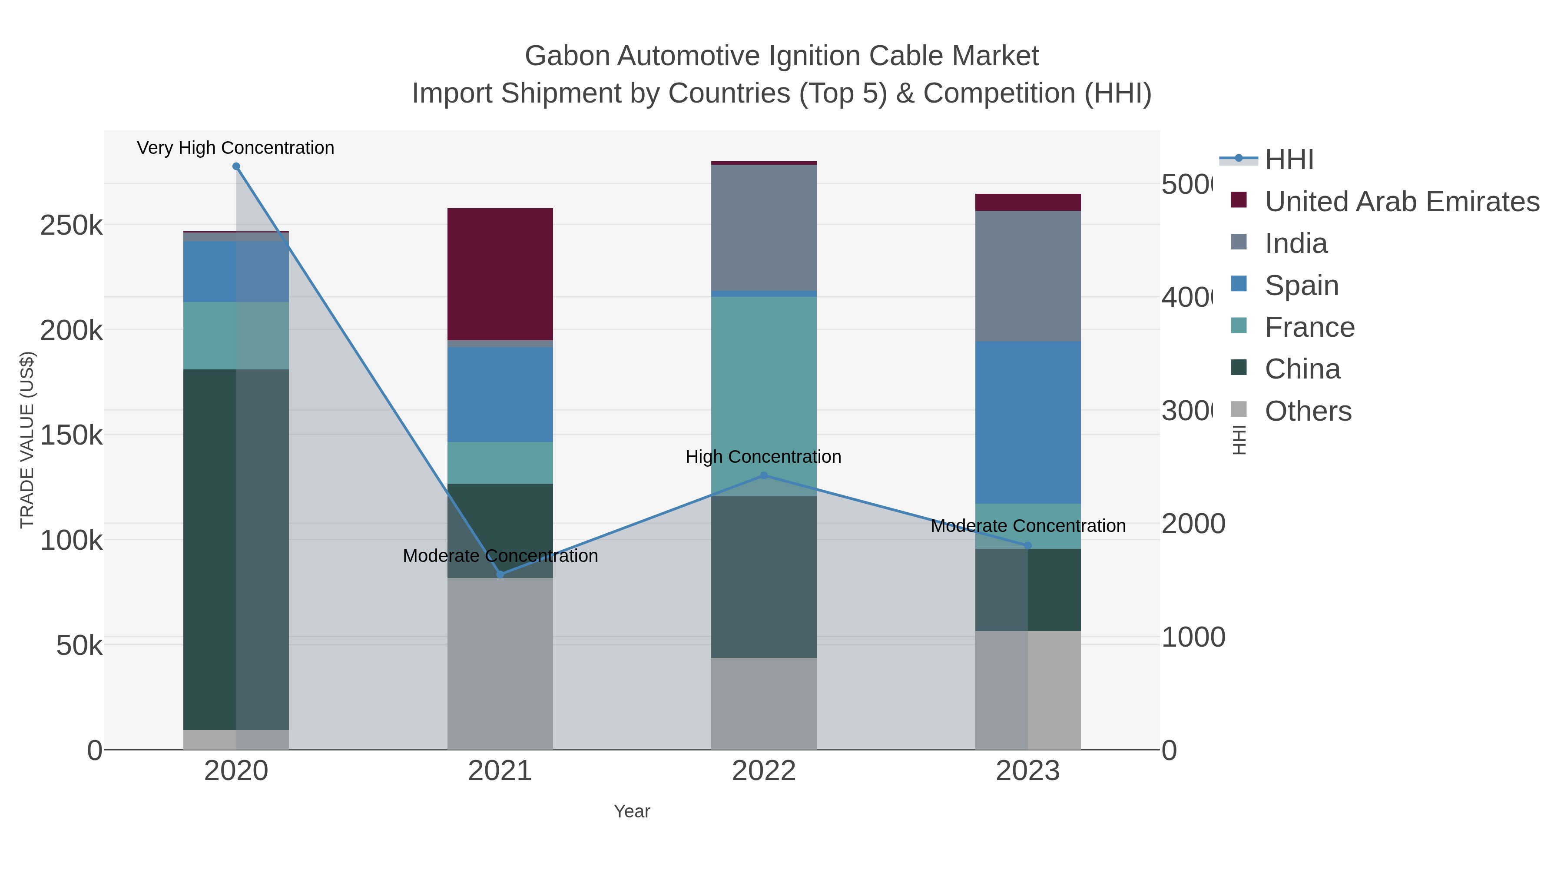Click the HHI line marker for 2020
(236, 166)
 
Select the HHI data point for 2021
(500, 574)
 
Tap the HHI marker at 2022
(764, 475)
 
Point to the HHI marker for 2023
(1028, 545)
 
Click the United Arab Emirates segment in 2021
(500, 274)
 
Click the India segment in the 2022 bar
(764, 228)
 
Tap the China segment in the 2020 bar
(209, 550)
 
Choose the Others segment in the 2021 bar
(500, 663)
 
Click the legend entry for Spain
(1301, 286)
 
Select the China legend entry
(1302, 369)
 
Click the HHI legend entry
(1289, 160)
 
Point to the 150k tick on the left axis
(71, 435)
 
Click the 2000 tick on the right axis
(1193, 524)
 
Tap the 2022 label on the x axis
(764, 771)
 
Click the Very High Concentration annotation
(235, 148)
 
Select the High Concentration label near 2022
(763, 457)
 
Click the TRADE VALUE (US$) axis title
(27, 440)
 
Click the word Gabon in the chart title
(567, 56)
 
